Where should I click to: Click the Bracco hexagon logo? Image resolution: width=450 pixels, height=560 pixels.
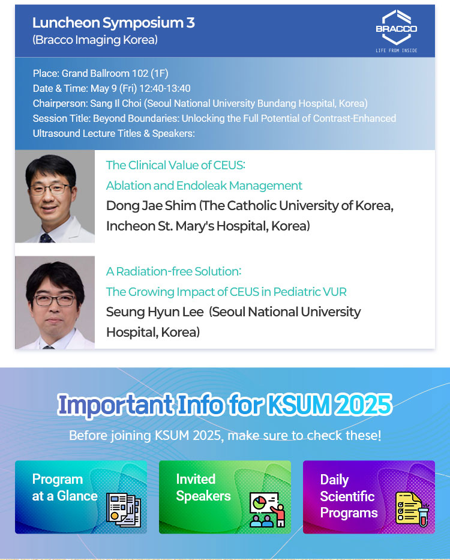click(397, 28)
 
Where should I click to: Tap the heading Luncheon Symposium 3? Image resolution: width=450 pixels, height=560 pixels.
click(113, 23)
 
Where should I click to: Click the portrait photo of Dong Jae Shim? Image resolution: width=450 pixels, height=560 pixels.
click(55, 196)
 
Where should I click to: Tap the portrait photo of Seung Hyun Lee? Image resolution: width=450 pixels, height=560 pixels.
click(55, 303)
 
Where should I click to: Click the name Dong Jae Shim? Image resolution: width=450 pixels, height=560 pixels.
click(151, 206)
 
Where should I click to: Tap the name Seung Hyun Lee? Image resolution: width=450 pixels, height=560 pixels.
click(155, 312)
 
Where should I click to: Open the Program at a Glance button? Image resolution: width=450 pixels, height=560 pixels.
click(81, 497)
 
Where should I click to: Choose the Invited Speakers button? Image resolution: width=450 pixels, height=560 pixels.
click(225, 497)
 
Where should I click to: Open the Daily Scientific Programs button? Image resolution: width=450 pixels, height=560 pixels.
click(369, 497)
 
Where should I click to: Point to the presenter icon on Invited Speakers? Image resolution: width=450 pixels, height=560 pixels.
click(267, 510)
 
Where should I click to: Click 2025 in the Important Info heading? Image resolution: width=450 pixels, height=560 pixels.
click(363, 405)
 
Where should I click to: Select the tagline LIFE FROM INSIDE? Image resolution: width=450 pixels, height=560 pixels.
click(397, 50)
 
